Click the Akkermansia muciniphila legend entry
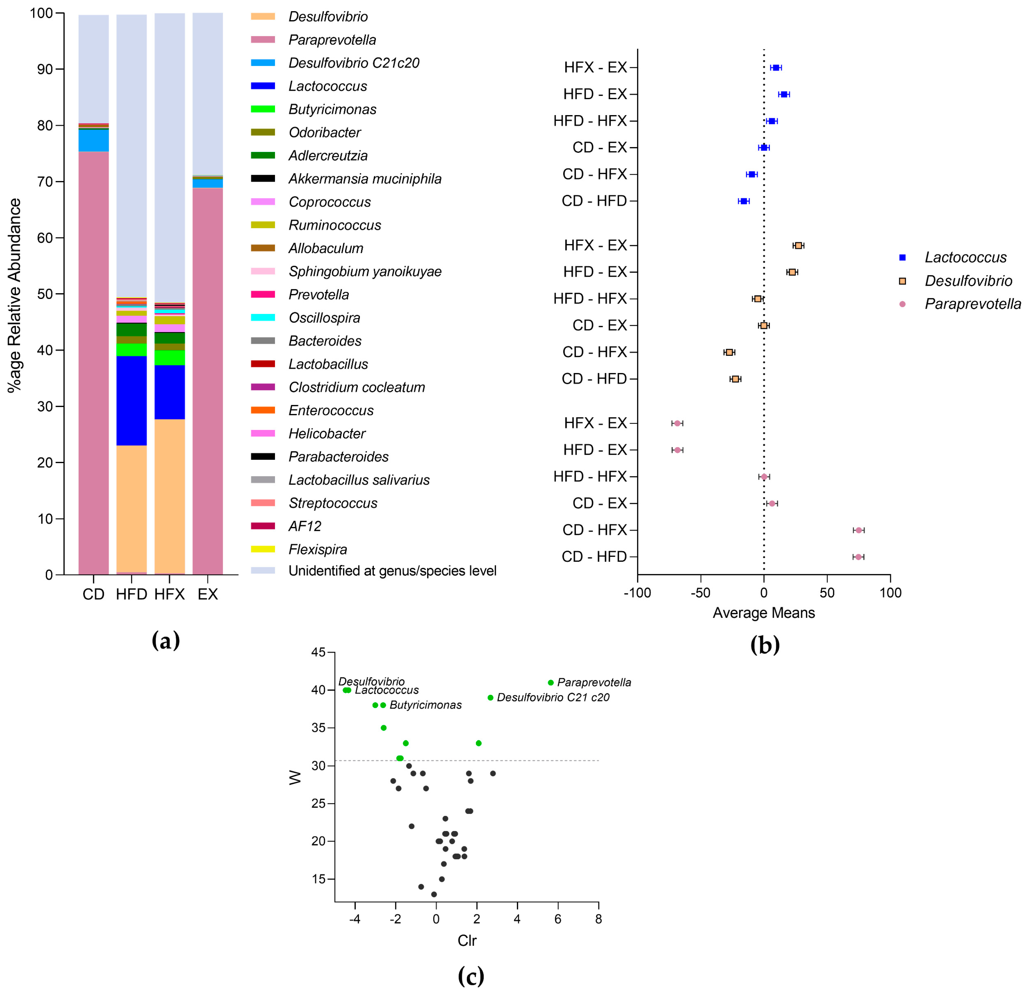click(364, 179)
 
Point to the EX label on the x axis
click(208, 594)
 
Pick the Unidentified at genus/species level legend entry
click(392, 571)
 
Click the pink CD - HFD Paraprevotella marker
click(858, 557)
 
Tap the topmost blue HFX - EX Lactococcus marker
click(776, 68)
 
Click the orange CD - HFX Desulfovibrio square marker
click(729, 352)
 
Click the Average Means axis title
click(763, 613)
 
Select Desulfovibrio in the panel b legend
click(968, 281)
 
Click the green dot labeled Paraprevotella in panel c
click(551, 682)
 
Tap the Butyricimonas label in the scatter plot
click(425, 705)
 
